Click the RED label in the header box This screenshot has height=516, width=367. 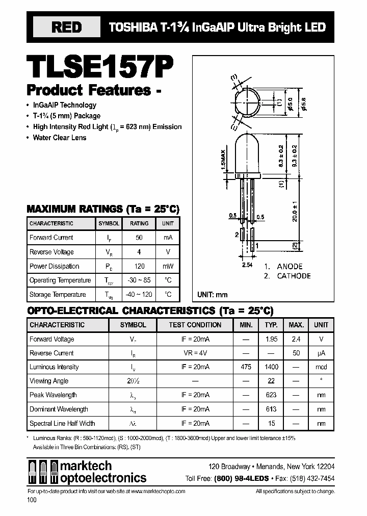66,28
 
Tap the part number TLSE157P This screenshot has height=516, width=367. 100,65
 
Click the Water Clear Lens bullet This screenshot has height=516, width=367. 60,138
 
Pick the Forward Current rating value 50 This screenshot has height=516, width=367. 139,238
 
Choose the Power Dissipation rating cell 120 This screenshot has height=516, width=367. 139,266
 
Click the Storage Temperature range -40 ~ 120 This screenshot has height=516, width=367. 139,295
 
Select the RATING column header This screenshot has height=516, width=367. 139,223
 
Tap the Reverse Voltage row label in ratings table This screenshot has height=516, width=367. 51,252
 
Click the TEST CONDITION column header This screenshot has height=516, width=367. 195,325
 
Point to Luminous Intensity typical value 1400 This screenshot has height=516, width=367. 271,367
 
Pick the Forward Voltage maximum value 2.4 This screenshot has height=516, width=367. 296,339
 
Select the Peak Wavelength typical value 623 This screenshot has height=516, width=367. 271,395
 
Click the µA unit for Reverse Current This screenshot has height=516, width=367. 321,353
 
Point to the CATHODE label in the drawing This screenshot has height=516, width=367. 294,276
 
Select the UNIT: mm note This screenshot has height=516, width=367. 213,295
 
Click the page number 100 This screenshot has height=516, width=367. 32,501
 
